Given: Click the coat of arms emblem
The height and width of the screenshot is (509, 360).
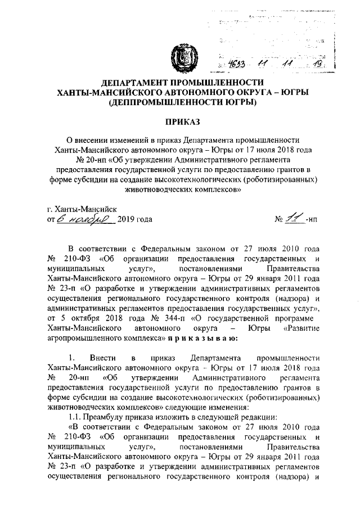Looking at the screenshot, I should [x=181, y=57].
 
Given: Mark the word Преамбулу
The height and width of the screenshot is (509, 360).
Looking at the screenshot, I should [x=108, y=418].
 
